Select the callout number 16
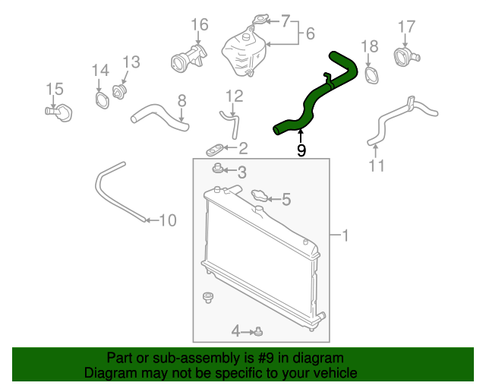click(x=199, y=24)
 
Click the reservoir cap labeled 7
click(x=261, y=20)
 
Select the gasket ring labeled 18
click(x=371, y=75)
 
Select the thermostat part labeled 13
click(x=119, y=92)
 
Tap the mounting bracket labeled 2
click(x=216, y=147)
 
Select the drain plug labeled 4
click(x=259, y=330)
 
